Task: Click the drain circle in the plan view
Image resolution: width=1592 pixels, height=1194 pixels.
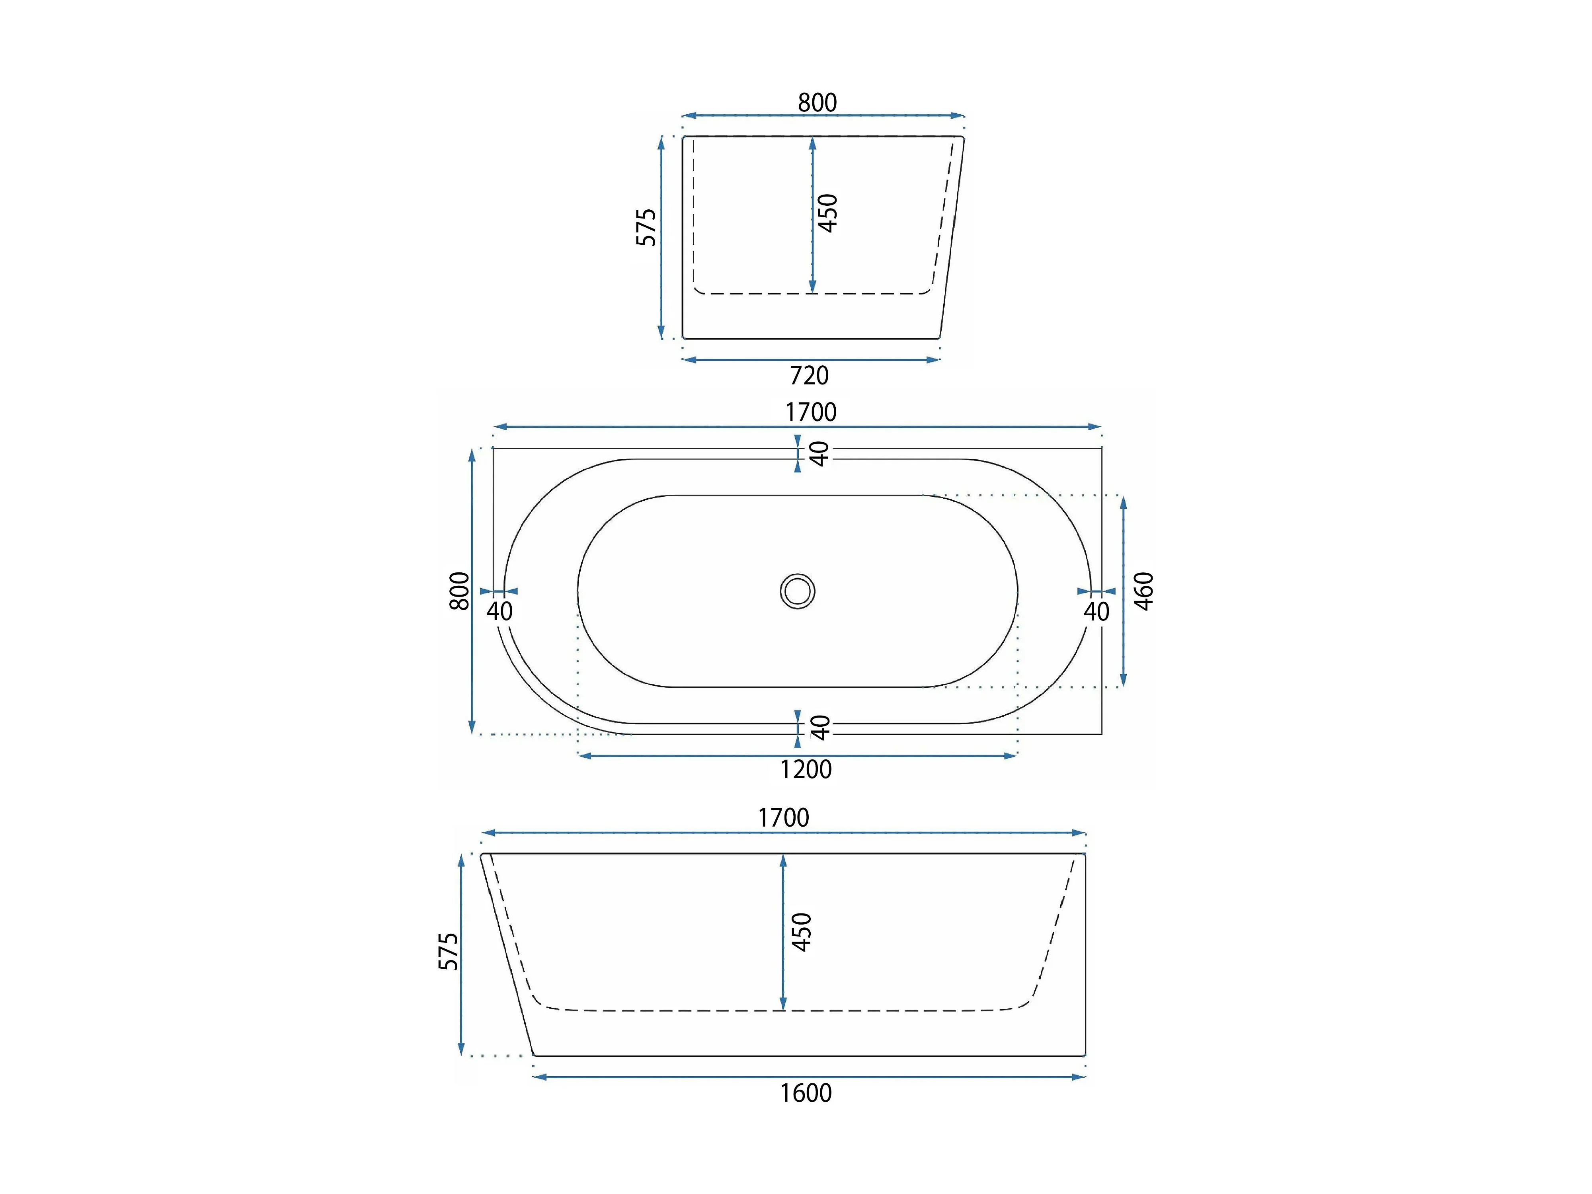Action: [798, 591]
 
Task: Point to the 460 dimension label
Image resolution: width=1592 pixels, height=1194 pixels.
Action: [1143, 591]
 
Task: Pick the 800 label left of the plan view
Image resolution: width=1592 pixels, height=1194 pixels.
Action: [459, 591]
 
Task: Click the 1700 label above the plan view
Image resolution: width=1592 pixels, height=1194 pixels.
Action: [811, 412]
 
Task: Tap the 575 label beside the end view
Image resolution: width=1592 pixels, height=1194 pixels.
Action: [646, 227]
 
